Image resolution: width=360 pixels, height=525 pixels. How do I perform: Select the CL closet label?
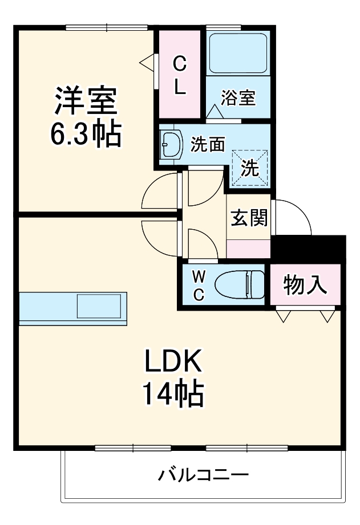point(179,75)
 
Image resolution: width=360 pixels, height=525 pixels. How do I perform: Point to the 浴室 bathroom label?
point(238,97)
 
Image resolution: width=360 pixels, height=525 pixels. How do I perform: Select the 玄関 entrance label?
point(249,218)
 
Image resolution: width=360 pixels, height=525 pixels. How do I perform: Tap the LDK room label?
point(173,361)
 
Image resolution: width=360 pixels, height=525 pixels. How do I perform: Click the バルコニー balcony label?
point(203,474)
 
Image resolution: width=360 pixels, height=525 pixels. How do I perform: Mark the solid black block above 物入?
point(309,249)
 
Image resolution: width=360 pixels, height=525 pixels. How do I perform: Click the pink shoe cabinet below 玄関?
point(249,249)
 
